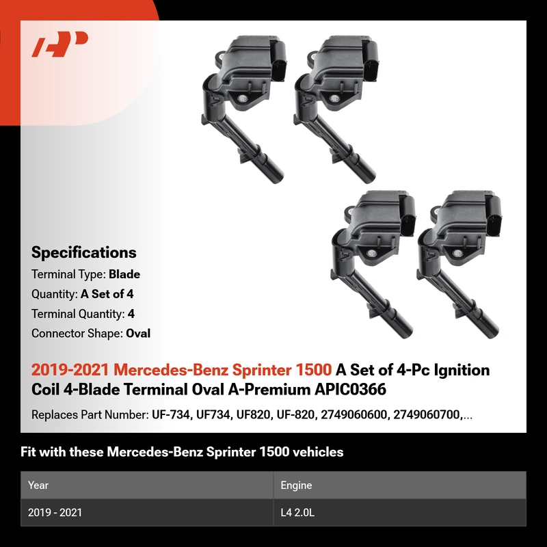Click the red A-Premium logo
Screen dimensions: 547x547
point(59,44)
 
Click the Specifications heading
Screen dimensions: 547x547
point(83,252)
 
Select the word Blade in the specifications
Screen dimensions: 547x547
point(124,274)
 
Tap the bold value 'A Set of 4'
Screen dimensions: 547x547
point(107,294)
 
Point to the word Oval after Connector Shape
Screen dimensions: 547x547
point(138,334)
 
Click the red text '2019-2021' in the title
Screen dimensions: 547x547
point(70,370)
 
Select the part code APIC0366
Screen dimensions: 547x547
point(350,389)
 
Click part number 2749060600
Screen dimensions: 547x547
point(353,415)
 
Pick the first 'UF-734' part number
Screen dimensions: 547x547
point(172,415)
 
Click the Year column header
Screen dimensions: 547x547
point(38,485)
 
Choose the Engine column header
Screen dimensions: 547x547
point(296,485)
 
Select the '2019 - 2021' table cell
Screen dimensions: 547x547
point(55,512)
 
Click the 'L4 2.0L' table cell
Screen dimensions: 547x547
point(297,512)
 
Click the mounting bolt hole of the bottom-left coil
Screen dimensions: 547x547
point(371,253)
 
